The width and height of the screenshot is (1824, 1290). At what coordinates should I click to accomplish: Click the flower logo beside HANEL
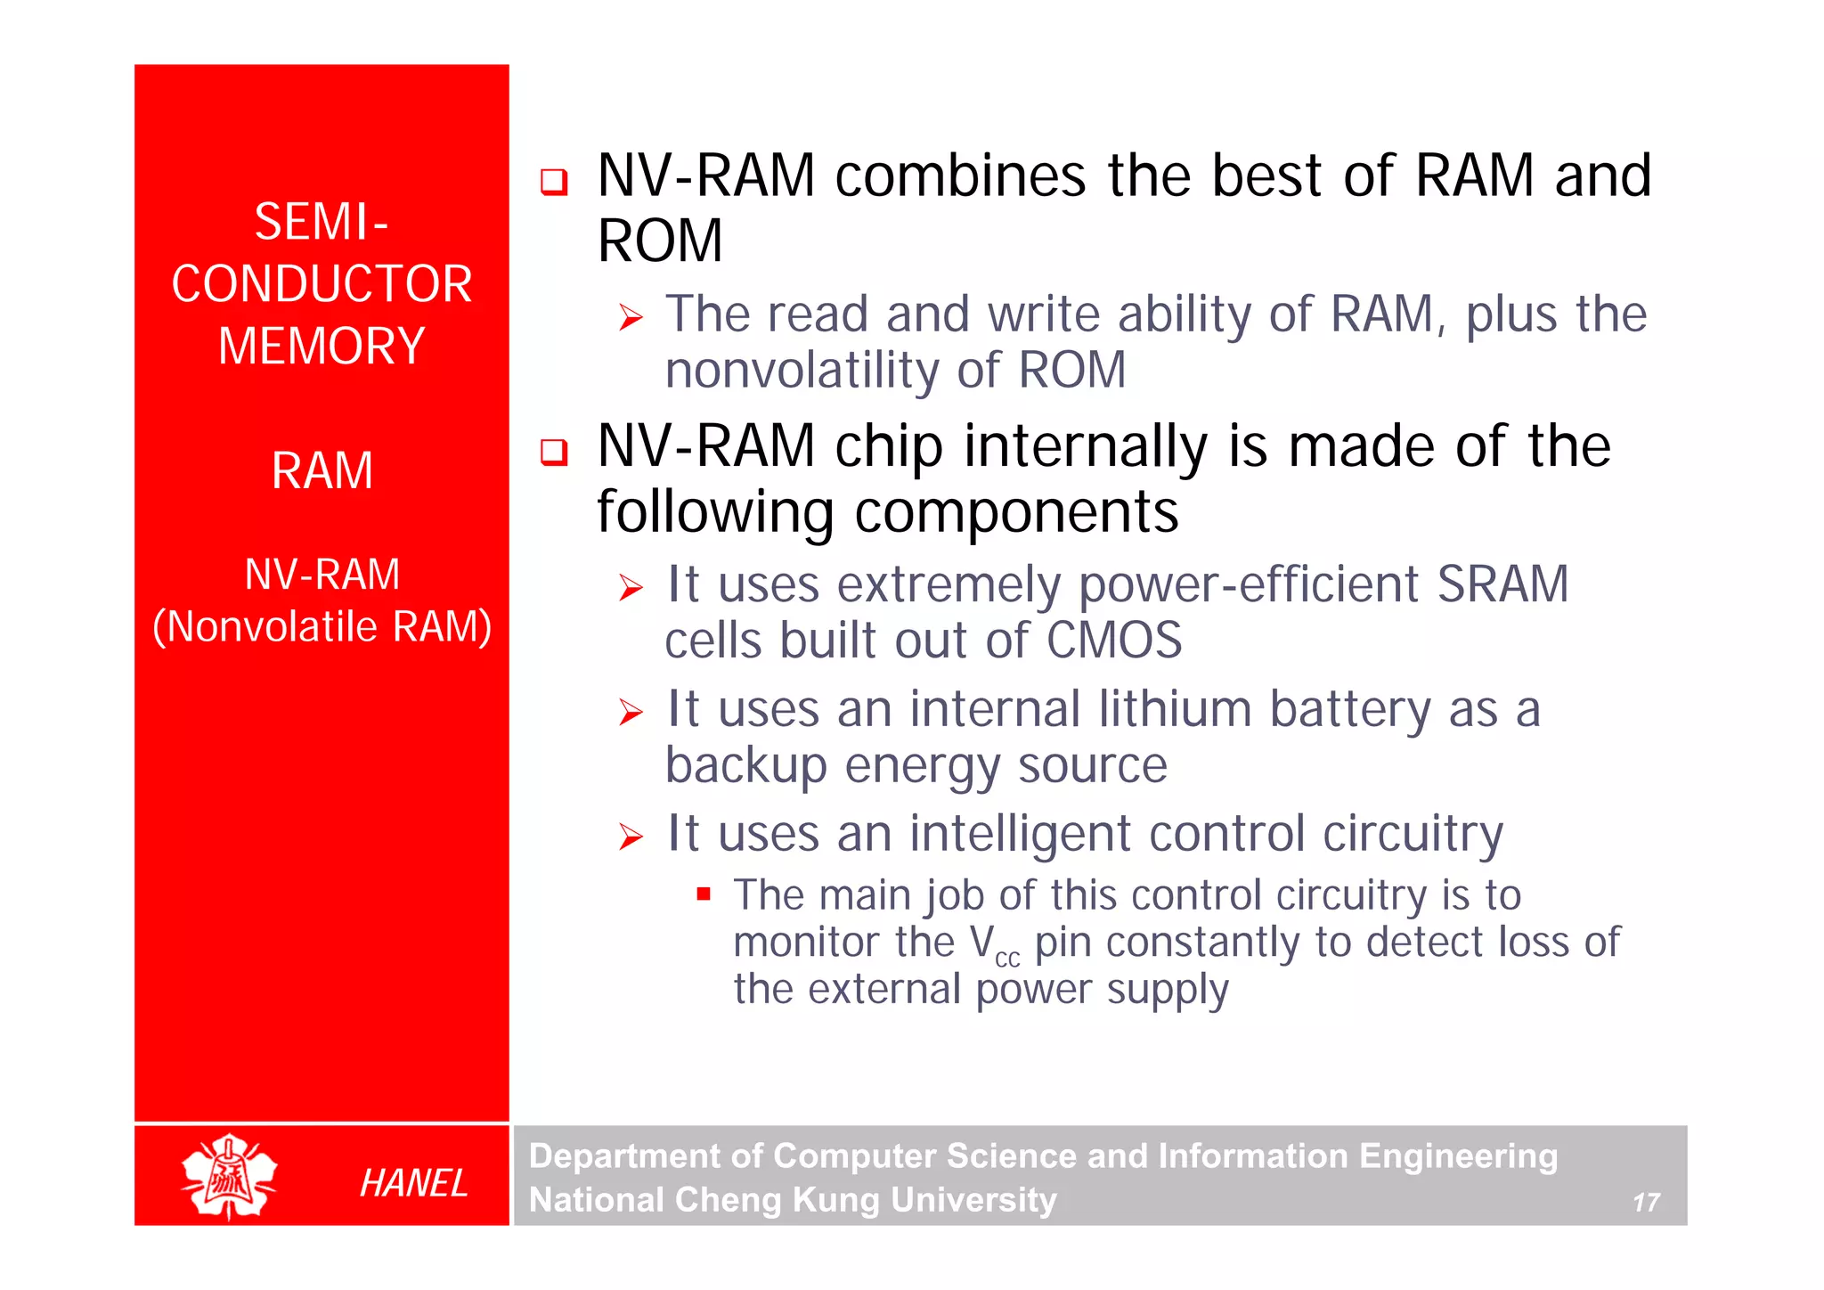tap(230, 1176)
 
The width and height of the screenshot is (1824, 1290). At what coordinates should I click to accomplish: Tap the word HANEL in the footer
tap(413, 1183)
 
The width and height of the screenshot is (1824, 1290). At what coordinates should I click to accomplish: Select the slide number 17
tap(1645, 1203)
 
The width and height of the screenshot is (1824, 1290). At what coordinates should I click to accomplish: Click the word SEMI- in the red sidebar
tap(322, 221)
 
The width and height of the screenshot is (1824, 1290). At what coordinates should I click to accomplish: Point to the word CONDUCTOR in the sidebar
tap(322, 284)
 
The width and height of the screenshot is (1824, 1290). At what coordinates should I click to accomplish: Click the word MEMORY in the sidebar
tap(322, 346)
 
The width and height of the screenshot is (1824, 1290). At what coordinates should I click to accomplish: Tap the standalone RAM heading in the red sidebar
tap(322, 470)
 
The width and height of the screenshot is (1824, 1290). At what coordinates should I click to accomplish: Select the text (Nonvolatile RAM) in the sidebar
tap(322, 626)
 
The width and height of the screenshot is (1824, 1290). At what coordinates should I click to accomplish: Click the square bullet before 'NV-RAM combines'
tap(554, 182)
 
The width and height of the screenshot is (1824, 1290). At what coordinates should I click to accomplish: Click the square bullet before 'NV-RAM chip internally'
tap(554, 452)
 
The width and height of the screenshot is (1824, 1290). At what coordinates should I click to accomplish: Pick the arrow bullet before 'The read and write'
tap(631, 317)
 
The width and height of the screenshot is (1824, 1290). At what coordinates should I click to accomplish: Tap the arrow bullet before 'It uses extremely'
tap(631, 588)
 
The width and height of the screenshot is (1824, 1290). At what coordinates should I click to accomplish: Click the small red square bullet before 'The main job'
tap(704, 894)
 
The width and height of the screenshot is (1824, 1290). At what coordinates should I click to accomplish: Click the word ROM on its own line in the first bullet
tap(660, 241)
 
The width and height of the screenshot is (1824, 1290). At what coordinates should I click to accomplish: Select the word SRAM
tap(1502, 584)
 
